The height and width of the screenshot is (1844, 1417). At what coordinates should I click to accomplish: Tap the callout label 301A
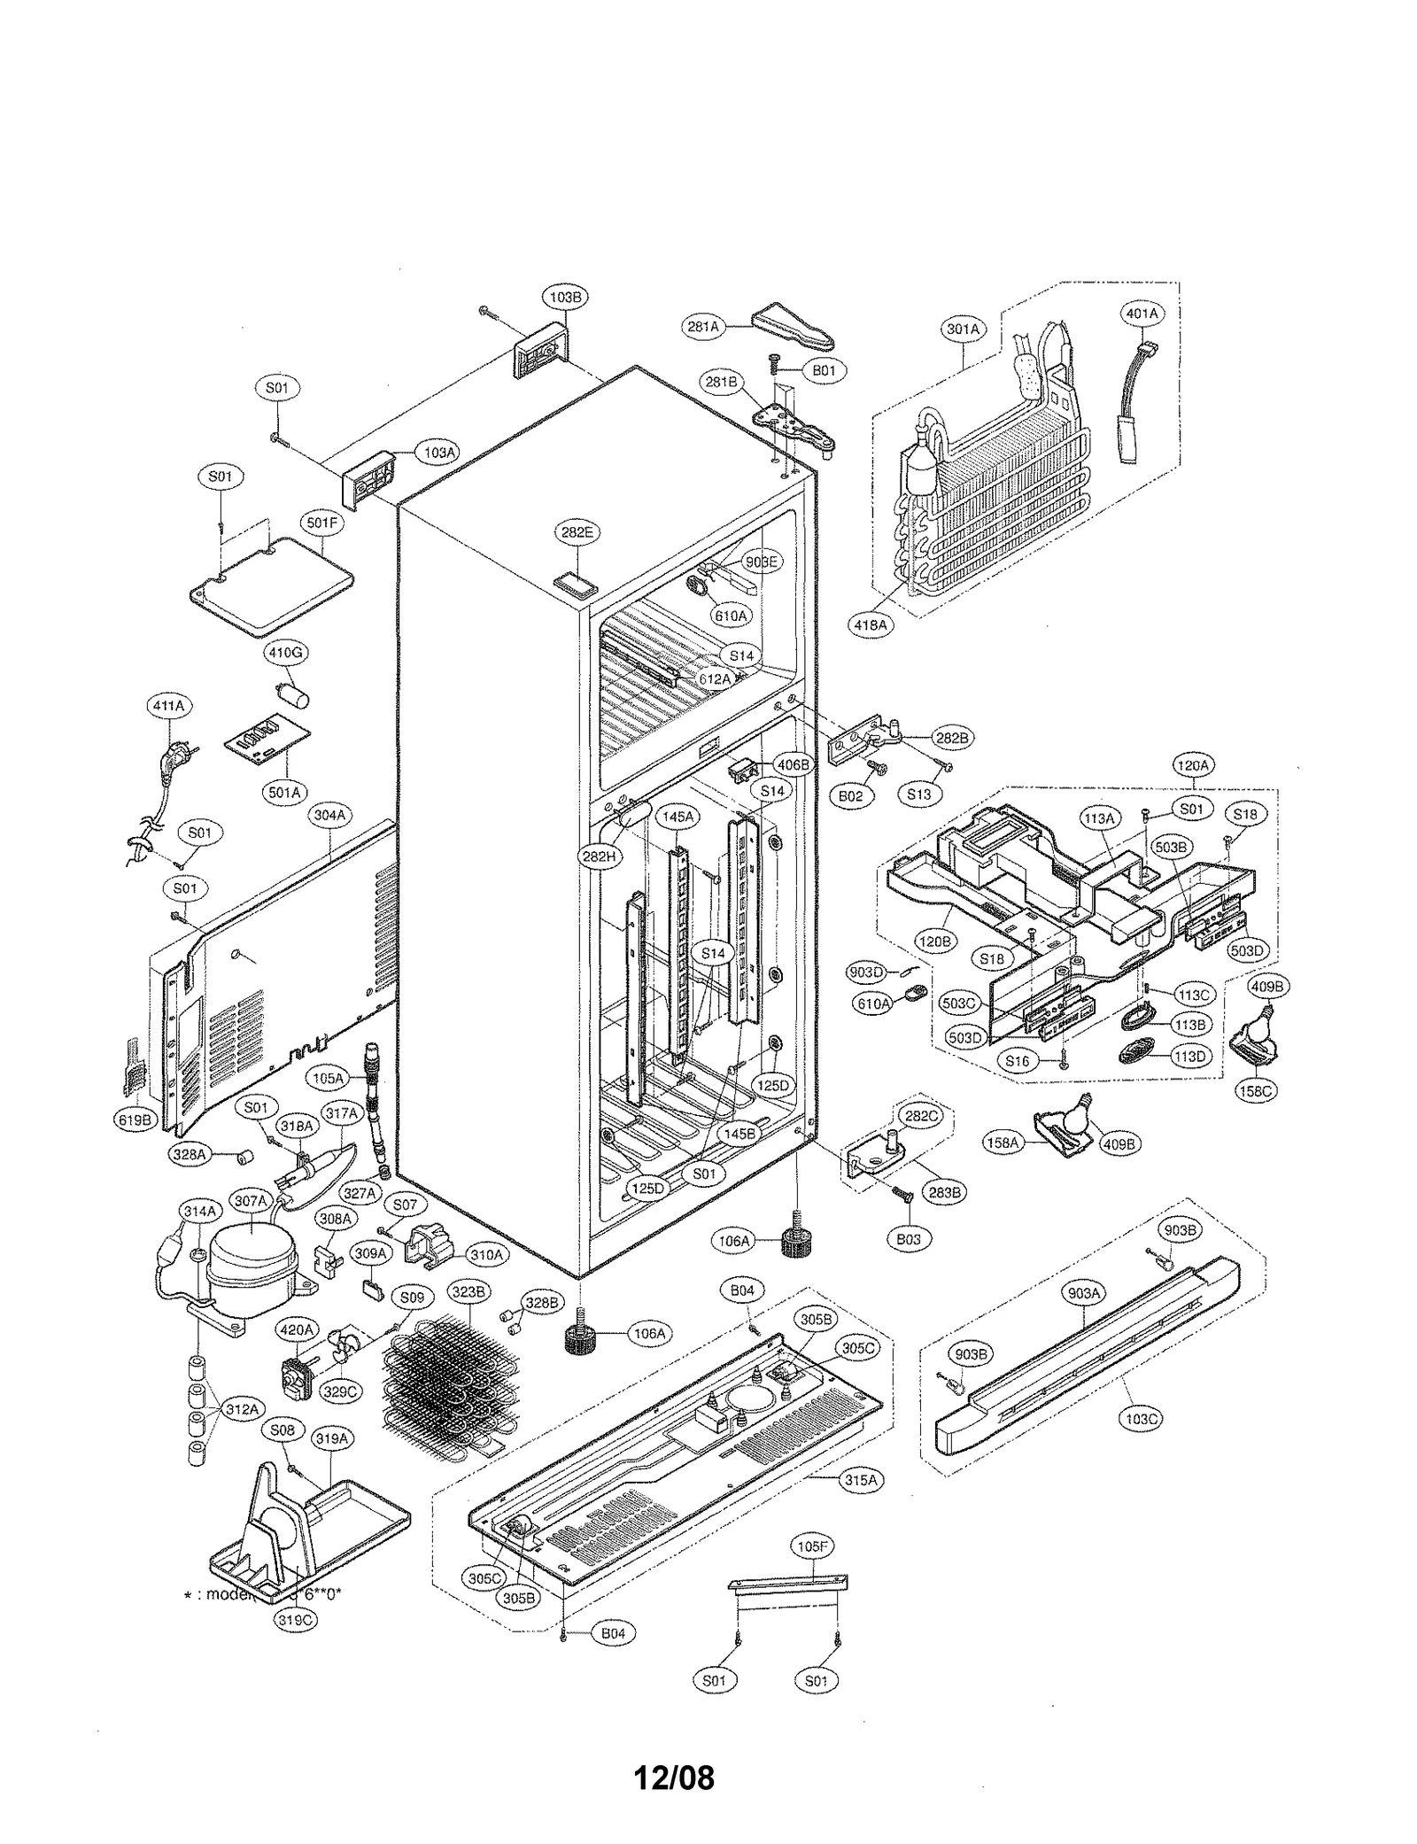click(963, 329)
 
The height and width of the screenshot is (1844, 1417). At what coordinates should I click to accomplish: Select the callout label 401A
click(1142, 314)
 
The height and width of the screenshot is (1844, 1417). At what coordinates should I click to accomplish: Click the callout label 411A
click(168, 706)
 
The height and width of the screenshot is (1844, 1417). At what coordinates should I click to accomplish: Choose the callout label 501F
click(322, 523)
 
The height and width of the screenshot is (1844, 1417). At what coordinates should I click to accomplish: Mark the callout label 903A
click(1084, 1292)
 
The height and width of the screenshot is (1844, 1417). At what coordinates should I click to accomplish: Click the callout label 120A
click(1193, 765)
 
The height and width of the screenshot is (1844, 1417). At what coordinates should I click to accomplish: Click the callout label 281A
click(702, 327)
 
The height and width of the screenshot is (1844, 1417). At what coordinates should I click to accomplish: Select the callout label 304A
click(329, 814)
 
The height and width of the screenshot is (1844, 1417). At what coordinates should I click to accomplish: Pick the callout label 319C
click(295, 1618)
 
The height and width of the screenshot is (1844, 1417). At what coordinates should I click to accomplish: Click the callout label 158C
click(1255, 1091)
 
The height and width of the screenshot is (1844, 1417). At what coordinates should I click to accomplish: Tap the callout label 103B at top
click(564, 298)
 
